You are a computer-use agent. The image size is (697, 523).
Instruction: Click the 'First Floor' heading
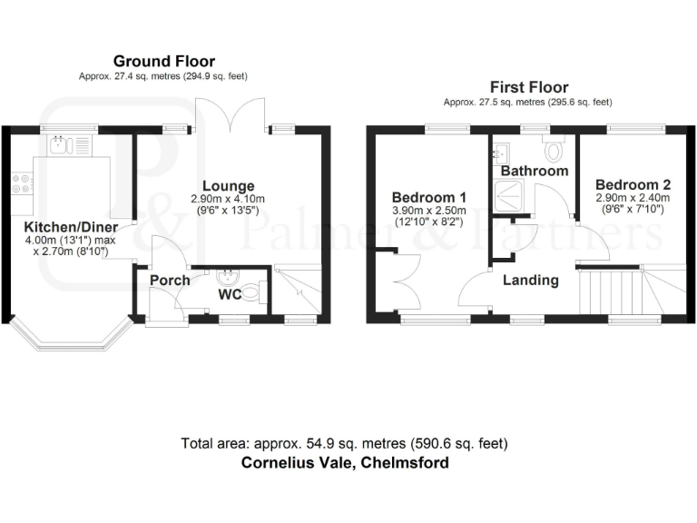pyautogui.click(x=528, y=87)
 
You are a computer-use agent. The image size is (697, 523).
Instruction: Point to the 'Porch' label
pyautogui.click(x=170, y=280)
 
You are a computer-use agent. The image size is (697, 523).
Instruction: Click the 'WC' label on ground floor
pyautogui.click(x=230, y=294)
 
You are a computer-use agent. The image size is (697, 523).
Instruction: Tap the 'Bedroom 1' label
pyautogui.click(x=429, y=197)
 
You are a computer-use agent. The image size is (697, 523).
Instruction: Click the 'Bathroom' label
pyautogui.click(x=534, y=171)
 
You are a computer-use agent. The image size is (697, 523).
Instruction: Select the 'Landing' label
pyautogui.click(x=531, y=280)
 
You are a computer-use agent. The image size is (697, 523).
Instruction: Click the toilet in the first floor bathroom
pyautogui.click(x=553, y=146)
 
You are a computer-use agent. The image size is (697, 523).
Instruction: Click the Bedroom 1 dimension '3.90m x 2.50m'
pyautogui.click(x=429, y=211)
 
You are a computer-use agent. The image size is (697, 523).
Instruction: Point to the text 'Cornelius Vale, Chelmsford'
pyautogui.click(x=344, y=462)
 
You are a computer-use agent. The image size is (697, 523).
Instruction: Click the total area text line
pyautogui.click(x=344, y=444)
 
